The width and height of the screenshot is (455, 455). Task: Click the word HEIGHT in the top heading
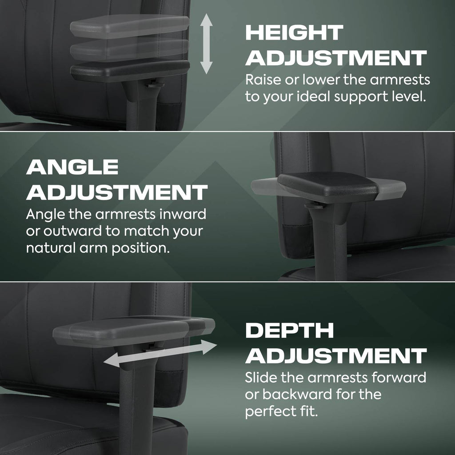click(294, 32)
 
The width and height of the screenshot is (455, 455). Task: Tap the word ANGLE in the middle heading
click(72, 167)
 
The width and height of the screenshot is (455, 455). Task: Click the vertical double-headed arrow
click(206, 44)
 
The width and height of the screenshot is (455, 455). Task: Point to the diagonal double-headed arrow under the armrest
click(160, 353)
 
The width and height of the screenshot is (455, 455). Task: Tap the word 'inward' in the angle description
click(183, 214)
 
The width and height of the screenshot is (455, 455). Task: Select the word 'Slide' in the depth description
click(261, 378)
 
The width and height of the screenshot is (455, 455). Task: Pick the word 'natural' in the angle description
click(51, 248)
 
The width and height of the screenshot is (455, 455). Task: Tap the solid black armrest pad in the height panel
click(130, 71)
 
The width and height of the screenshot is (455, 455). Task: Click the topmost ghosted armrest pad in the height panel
click(129, 26)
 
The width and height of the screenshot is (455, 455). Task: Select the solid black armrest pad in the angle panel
click(328, 186)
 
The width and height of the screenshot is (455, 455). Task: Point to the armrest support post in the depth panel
click(136, 403)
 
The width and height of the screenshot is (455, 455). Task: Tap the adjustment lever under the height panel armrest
click(154, 85)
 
